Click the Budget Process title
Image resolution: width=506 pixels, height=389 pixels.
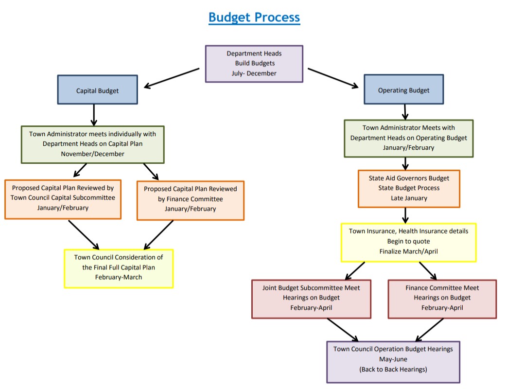(x=254, y=18)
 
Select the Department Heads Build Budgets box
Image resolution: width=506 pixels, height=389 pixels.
(x=254, y=63)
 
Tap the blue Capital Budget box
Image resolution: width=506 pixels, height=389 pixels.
(x=97, y=90)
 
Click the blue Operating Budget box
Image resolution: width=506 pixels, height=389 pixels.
(x=403, y=90)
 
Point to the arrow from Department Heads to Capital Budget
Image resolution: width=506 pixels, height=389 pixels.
(x=171, y=78)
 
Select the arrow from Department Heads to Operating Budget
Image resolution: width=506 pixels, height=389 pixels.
(x=333, y=78)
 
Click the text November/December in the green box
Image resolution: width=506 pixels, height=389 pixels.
(x=92, y=154)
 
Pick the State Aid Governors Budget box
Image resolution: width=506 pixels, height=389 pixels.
(x=408, y=188)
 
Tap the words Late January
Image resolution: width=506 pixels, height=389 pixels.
(x=408, y=198)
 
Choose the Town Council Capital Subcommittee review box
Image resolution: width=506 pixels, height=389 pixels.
(x=63, y=198)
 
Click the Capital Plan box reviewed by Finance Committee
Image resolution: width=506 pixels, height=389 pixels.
(x=191, y=199)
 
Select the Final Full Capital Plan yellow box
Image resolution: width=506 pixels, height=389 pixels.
(x=119, y=268)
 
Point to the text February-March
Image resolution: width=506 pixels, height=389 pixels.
(x=119, y=277)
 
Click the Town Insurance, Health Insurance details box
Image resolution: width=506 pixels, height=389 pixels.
(x=408, y=242)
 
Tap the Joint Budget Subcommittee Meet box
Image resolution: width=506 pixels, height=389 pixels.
(x=311, y=298)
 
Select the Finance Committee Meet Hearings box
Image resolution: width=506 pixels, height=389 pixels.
(x=442, y=298)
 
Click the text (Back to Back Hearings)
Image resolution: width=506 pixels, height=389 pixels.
(x=393, y=370)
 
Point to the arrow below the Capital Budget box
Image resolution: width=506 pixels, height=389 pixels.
(x=94, y=115)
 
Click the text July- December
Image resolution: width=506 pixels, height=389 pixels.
(x=254, y=73)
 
